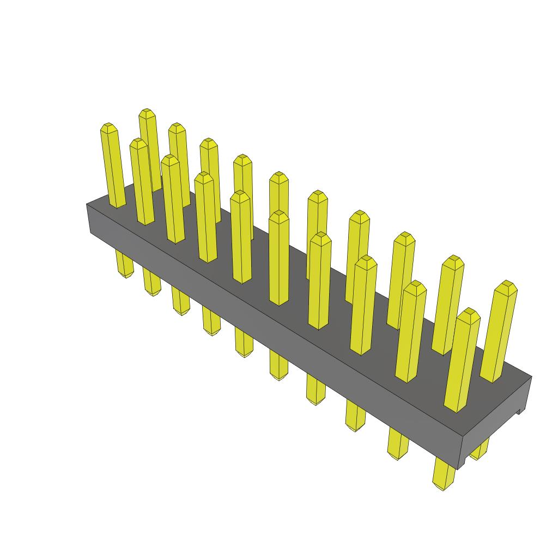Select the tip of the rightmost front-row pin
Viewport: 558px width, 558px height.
click(469, 312)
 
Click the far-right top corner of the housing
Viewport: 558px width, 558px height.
click(531, 377)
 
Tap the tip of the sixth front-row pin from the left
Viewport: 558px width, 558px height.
click(279, 214)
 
